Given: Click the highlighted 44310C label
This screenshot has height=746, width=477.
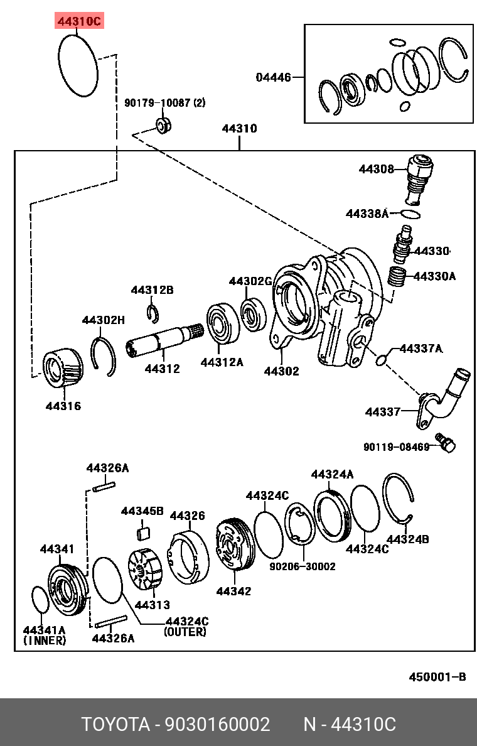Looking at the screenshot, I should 78,21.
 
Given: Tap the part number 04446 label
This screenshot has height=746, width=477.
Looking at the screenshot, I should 273,78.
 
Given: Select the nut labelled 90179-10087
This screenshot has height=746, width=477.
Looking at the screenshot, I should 163,124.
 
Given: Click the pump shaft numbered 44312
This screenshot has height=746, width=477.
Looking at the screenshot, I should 164,342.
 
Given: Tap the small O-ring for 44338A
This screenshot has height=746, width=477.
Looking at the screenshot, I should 410,214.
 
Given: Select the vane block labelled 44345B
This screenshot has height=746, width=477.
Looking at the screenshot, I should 143,533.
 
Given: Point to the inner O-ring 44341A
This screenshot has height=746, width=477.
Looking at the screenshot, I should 39,600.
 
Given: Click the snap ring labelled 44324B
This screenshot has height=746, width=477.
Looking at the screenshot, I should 400,499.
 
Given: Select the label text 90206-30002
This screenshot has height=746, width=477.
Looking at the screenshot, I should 303,566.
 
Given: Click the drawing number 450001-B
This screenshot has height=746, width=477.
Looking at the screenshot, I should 437,676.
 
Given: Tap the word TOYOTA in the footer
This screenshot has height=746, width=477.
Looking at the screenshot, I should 114,724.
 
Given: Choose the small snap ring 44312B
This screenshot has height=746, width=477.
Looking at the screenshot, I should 152,311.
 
